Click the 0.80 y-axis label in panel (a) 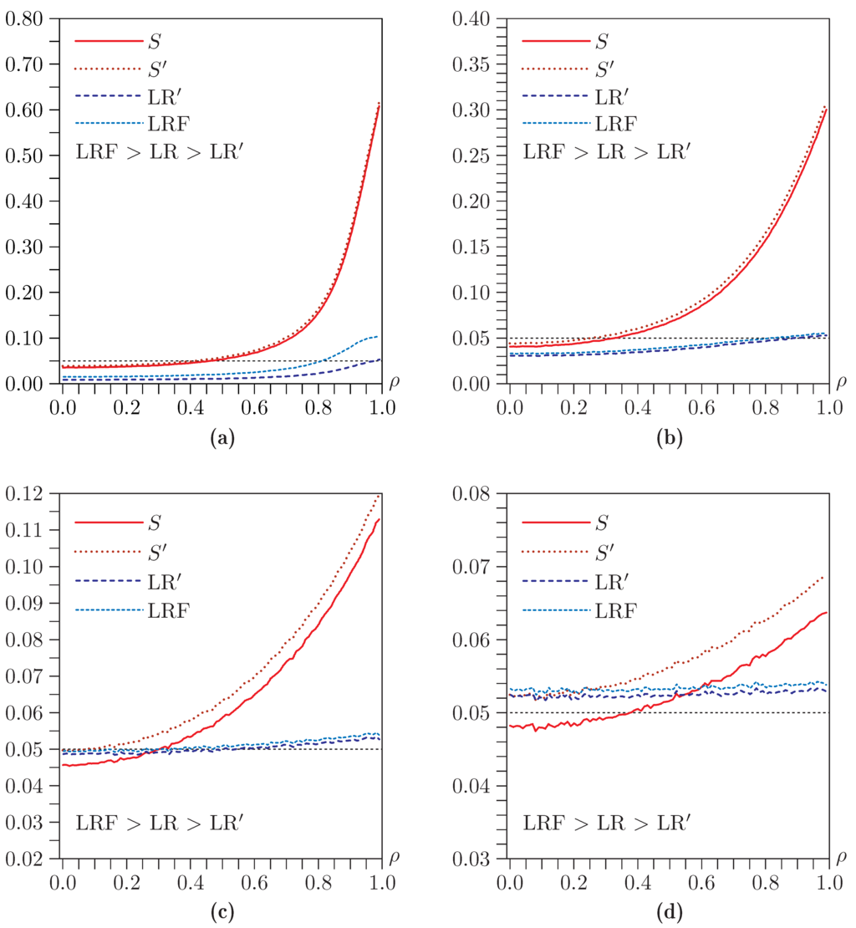click(28, 18)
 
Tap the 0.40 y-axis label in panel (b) click(474, 18)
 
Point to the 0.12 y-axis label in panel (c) click(28, 493)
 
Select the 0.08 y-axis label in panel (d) click(474, 493)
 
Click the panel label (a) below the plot click(220, 436)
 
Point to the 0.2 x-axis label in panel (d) click(572, 883)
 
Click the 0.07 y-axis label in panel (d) click(474, 566)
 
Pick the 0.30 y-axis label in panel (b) click(474, 110)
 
